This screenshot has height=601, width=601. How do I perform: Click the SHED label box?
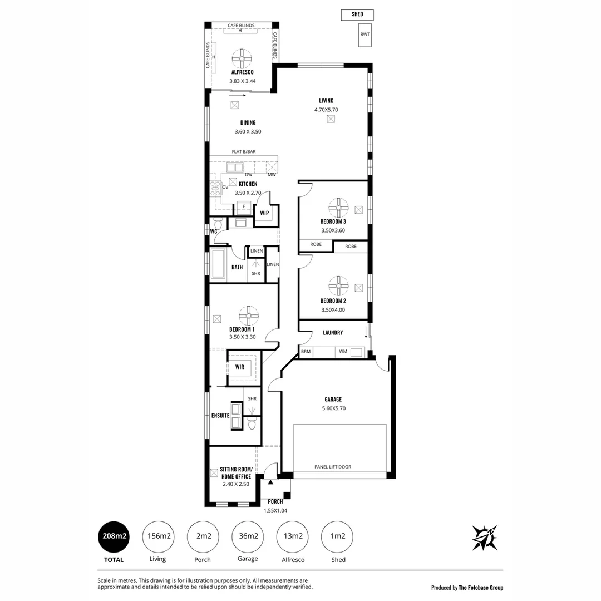coord(357,14)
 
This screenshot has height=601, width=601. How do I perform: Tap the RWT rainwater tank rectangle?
coord(364,35)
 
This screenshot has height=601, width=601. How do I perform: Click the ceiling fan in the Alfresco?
coord(243,58)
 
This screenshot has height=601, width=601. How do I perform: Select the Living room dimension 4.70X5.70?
coord(326,110)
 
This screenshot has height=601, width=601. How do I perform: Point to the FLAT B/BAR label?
coord(244,151)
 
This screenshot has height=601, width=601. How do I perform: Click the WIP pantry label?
coord(264,213)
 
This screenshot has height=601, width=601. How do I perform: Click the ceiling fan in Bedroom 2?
coord(338,286)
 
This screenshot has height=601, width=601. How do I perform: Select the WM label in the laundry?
coord(343,352)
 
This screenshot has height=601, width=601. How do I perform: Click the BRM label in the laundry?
coord(306,352)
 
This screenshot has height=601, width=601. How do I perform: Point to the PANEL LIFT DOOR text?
coord(333,467)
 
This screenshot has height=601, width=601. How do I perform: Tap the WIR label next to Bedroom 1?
coord(240,367)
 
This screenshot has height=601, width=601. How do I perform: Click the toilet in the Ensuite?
coord(252,425)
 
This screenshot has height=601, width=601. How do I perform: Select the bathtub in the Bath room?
coord(217,264)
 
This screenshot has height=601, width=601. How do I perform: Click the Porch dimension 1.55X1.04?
coord(275,510)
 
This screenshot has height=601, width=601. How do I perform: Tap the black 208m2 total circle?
coord(114,536)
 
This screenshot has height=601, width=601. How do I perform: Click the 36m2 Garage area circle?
coord(248,536)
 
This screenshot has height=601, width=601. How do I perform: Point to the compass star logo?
coord(484,537)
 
